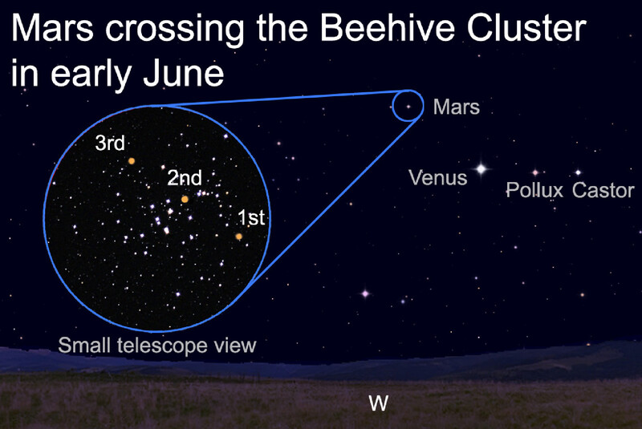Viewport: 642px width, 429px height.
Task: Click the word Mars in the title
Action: (52, 28)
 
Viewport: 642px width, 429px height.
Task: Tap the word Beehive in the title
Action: (387, 28)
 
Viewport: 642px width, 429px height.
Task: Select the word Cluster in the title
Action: (526, 28)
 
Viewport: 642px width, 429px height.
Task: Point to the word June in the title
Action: (184, 74)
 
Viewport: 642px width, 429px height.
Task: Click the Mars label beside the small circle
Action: (457, 107)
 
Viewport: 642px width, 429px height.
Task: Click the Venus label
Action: (437, 178)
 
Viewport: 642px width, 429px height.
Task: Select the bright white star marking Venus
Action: (481, 168)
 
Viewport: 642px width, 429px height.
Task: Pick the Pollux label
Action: (534, 190)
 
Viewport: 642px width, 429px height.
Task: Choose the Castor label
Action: (603, 190)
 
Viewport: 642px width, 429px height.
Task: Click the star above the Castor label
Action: (578, 172)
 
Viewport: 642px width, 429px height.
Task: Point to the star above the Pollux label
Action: (534, 172)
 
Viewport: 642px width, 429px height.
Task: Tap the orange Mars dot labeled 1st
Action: (238, 237)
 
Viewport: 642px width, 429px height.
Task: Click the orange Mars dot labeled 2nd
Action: (185, 199)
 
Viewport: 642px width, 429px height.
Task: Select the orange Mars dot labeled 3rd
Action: (132, 161)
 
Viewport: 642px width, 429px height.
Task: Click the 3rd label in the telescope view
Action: (110, 144)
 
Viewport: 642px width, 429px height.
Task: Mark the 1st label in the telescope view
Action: (251, 217)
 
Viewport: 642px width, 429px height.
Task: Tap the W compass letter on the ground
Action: (378, 403)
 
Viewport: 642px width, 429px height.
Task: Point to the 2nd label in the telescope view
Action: (185, 178)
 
